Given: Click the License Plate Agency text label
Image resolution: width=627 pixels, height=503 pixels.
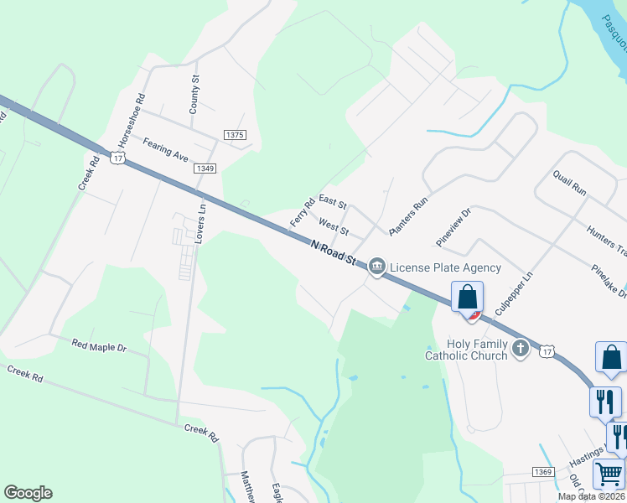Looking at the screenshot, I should (445, 267).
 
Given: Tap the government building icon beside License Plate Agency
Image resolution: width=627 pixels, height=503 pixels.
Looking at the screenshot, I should (377, 267).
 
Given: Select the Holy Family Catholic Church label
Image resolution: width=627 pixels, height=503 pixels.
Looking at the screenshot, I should (466, 350).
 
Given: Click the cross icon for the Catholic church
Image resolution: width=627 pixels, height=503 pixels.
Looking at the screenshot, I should (520, 347).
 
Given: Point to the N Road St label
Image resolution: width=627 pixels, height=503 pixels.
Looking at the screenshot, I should (334, 252).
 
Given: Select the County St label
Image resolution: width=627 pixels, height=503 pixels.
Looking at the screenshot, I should (194, 95).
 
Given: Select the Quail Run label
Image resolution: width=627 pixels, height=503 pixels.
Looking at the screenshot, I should (569, 183).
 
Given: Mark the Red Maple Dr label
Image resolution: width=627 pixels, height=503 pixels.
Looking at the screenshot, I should (98, 345).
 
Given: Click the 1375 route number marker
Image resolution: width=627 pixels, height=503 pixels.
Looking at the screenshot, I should (235, 135).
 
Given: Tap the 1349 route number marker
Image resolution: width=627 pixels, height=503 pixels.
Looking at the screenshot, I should (205, 169).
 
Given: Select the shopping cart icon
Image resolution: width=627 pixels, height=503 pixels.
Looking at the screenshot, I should (609, 474).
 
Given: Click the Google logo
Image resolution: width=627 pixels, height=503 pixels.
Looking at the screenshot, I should (28, 493).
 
